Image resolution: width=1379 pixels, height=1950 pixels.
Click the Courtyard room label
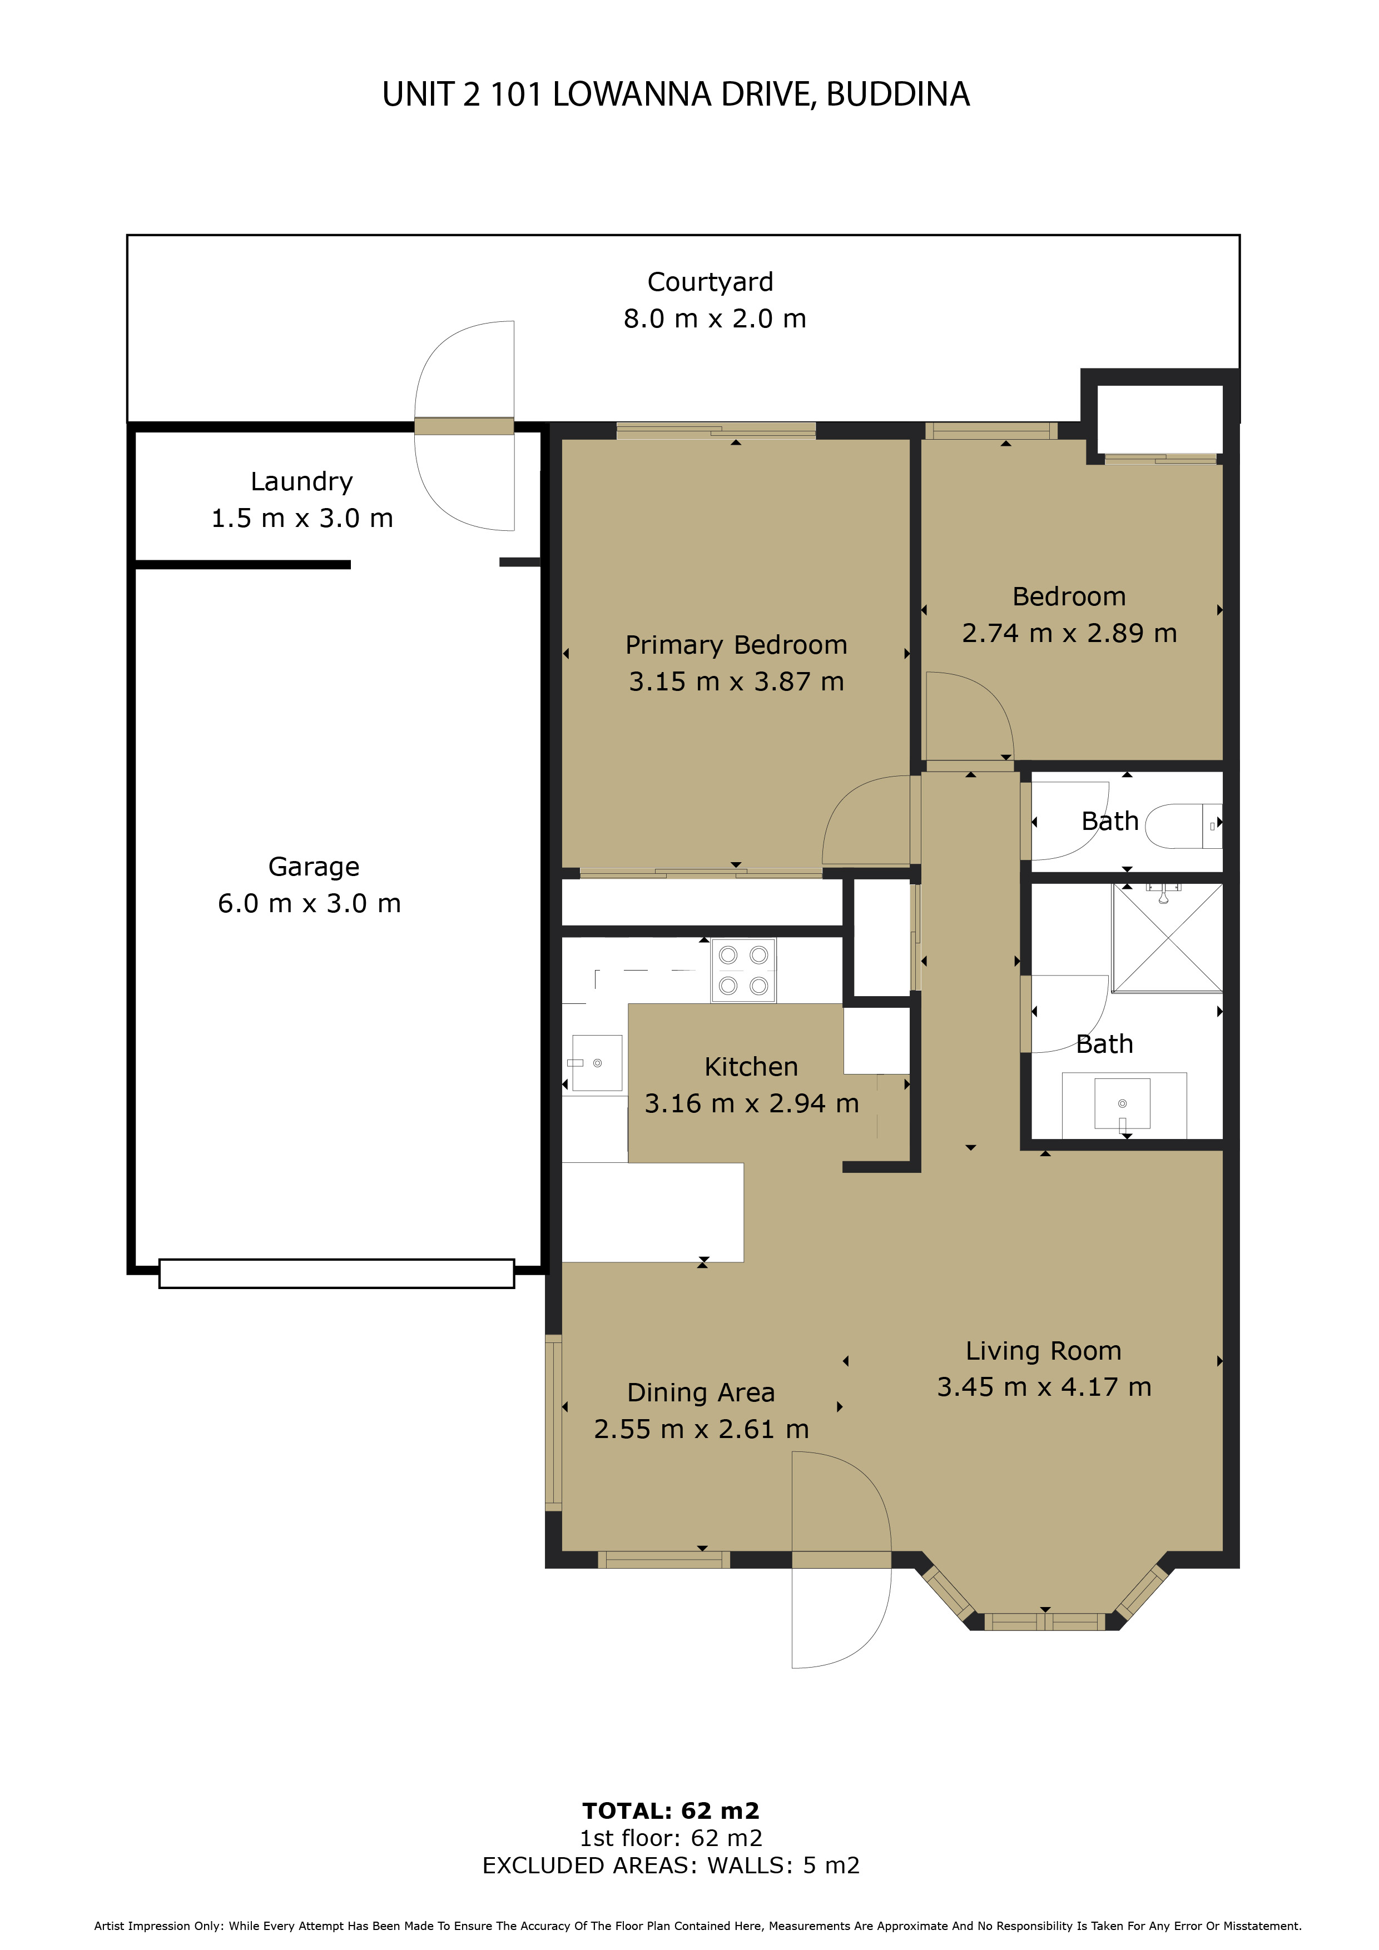point(710,282)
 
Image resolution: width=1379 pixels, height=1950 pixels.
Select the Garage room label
point(314,867)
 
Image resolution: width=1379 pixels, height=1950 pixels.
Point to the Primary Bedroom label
point(736,645)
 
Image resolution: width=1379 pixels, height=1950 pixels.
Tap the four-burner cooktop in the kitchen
point(743,970)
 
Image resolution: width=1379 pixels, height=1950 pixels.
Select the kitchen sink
point(597,1062)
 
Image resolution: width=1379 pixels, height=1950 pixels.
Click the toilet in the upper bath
point(1184,825)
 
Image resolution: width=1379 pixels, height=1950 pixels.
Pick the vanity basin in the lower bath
point(1123,1103)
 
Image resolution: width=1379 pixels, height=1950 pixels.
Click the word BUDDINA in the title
point(898,94)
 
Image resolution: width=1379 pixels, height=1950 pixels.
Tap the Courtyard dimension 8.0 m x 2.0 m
point(715,319)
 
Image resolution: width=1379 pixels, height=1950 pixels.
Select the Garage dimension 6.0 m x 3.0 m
point(309,904)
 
